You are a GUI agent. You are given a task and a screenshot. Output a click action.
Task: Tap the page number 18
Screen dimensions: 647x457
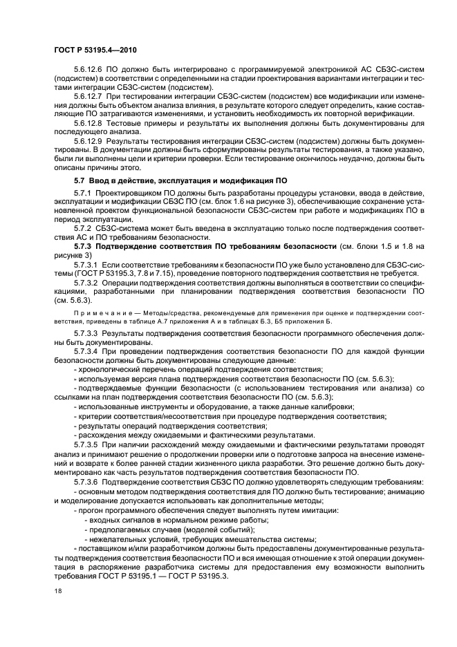click(58, 591)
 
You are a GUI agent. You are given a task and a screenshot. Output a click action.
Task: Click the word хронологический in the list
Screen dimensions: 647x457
click(111, 370)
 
